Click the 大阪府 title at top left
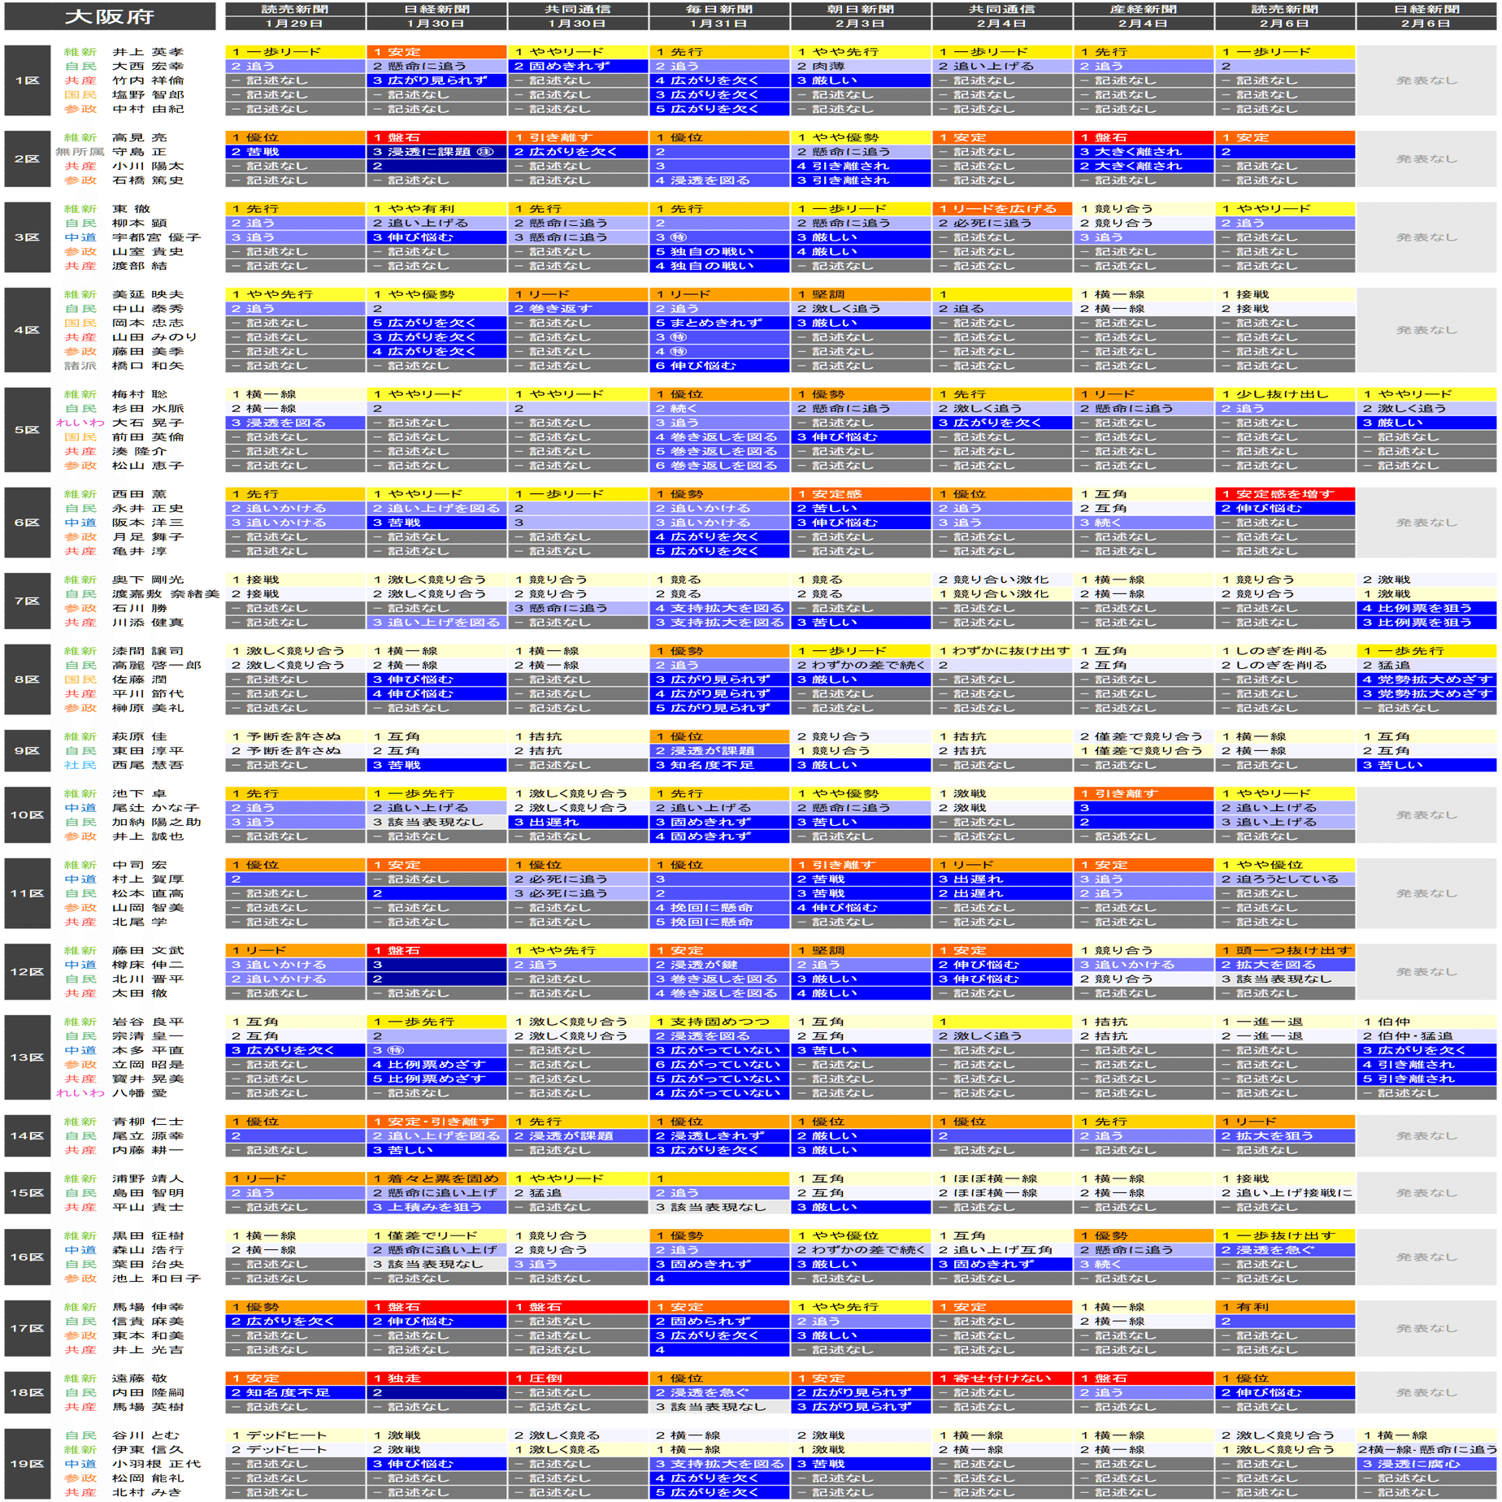(109, 16)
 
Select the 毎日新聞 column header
(718, 9)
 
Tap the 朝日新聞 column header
(860, 9)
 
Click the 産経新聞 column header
(1143, 9)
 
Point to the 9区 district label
(27, 750)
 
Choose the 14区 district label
(27, 1135)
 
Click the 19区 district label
(27, 1464)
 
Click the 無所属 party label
(80, 152)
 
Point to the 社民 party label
(80, 765)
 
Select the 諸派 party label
(80, 366)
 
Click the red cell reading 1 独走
(436, 1378)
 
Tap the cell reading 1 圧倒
(578, 1378)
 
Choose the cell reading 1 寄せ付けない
(1001, 1378)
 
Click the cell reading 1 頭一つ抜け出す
(1284, 950)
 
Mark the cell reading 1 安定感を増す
(1284, 494)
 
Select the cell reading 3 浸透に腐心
(1426, 1464)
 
